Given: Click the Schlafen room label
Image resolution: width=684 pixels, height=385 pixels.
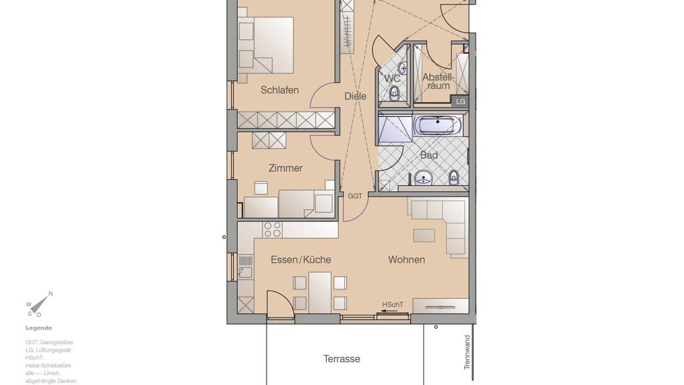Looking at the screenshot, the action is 280,90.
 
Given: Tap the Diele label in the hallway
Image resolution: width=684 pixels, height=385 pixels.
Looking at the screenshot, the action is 355,96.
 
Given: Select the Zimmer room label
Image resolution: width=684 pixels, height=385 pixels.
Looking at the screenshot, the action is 285,168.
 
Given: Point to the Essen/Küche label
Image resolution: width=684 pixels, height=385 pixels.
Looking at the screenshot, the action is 301,260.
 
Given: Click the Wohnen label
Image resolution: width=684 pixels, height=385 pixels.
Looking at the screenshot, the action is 407,260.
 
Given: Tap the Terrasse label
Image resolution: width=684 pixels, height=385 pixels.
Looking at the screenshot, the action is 341,359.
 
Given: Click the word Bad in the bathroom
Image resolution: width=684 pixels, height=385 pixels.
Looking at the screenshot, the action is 429,155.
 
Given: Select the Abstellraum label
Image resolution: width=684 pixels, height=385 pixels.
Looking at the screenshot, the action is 438,82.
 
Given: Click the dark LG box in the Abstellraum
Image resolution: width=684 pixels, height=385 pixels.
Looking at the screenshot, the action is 460,102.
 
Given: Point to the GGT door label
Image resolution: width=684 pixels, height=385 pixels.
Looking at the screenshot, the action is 355,196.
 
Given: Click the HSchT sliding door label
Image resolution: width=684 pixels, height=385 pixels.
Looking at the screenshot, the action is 393,305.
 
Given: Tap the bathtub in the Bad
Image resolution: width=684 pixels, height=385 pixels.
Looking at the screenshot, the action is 438,126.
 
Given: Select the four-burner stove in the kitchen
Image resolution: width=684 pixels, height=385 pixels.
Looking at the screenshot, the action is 273,230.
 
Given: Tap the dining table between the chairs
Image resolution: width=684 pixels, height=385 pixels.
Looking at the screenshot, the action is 320,292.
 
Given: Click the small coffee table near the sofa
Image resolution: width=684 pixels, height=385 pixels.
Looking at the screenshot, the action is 424,235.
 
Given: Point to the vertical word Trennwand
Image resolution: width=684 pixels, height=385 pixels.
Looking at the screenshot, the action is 467,352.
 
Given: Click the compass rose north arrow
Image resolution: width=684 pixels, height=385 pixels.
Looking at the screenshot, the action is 39,303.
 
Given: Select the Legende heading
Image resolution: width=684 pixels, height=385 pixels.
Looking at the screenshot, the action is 39,328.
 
